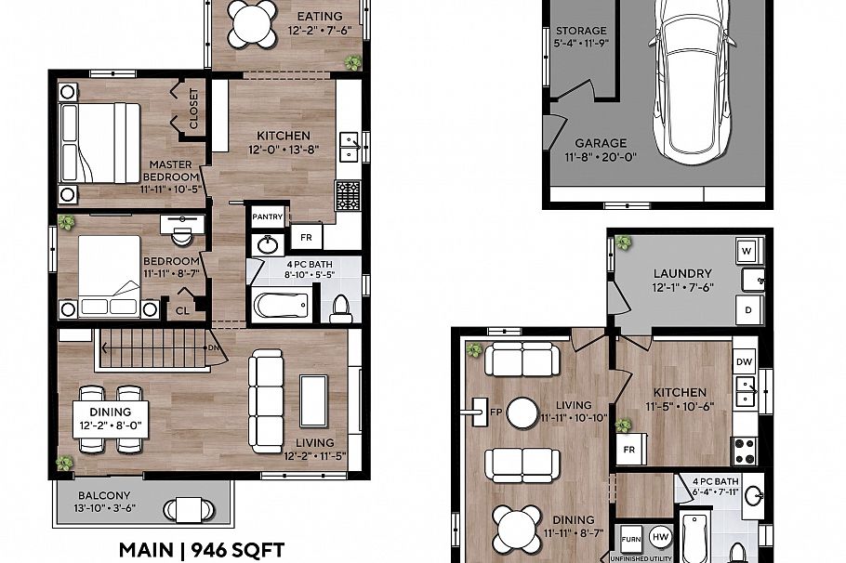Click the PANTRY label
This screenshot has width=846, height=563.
pyautogui.click(x=267, y=216)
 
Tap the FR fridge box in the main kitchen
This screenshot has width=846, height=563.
pyautogui.click(x=306, y=237)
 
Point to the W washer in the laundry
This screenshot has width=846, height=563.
pyautogui.click(x=747, y=250)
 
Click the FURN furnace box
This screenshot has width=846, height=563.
pyautogui.click(x=630, y=538)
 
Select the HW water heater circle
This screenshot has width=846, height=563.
pyautogui.click(x=660, y=537)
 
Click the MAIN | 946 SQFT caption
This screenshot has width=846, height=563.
pyautogui.click(x=202, y=549)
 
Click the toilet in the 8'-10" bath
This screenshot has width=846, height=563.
pyautogui.click(x=341, y=308)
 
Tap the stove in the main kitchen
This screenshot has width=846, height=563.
pyautogui.click(x=348, y=195)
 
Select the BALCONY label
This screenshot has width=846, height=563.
pyautogui.click(x=104, y=496)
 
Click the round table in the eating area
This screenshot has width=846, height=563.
pyautogui.click(x=254, y=22)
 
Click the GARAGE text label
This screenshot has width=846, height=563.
pyautogui.click(x=600, y=144)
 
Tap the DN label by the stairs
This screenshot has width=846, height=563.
pyautogui.click(x=213, y=347)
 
